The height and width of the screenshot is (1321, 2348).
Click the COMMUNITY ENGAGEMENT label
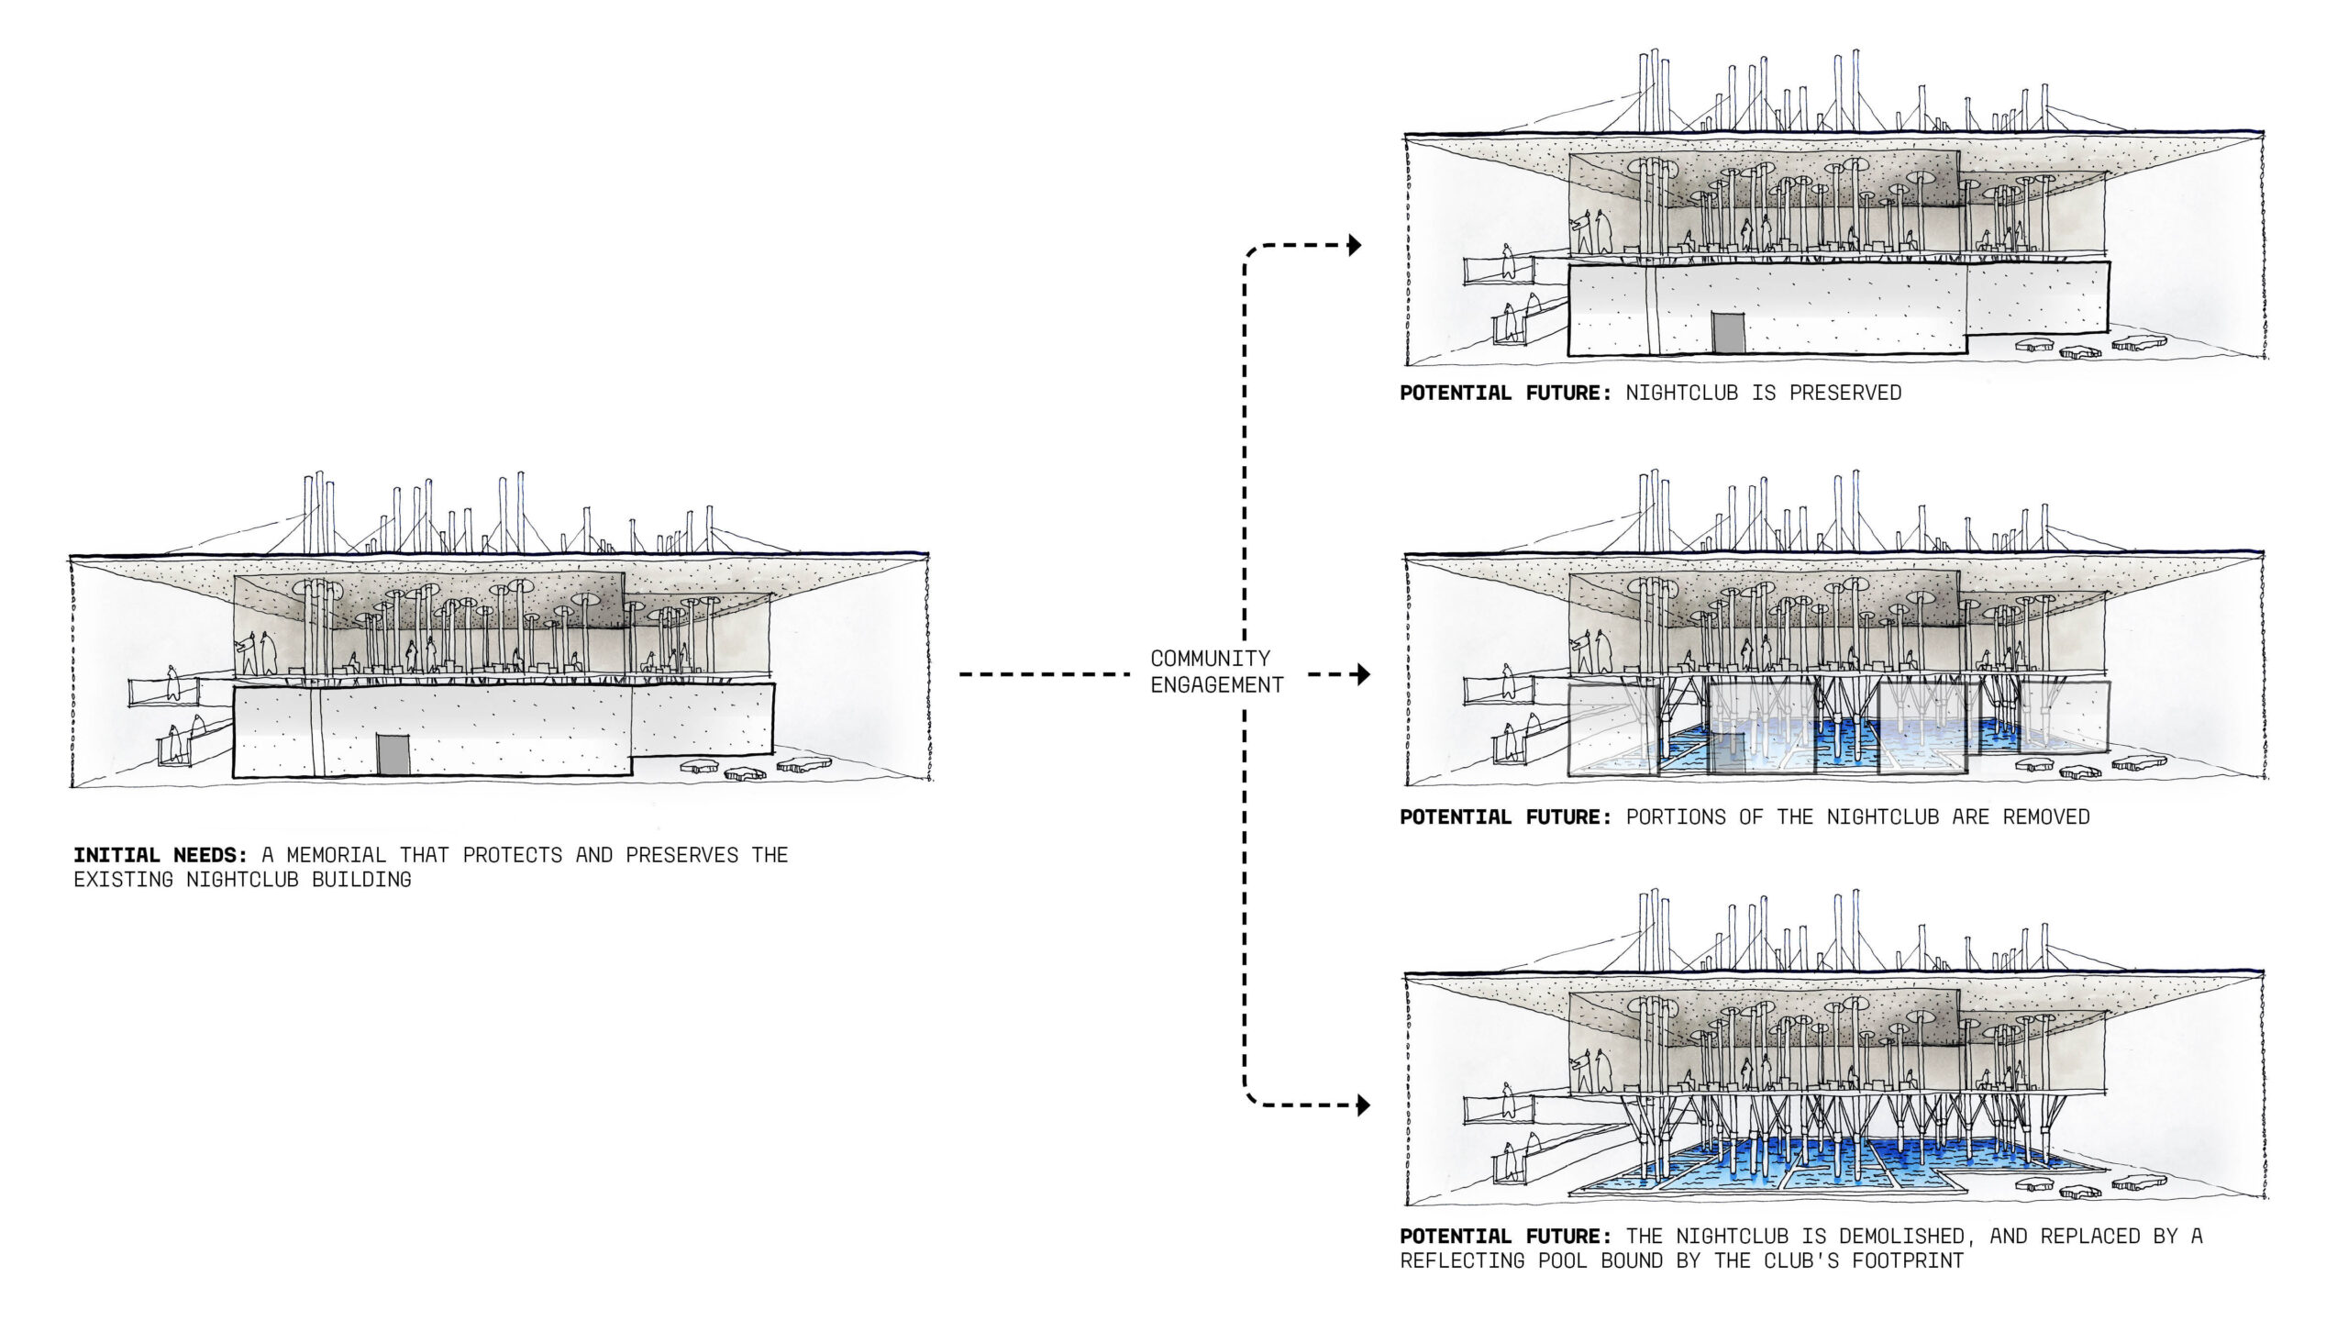pyautogui.click(x=1216, y=672)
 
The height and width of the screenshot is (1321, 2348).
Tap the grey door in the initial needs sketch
pyautogui.click(x=393, y=754)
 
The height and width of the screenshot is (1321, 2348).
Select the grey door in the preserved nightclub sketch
pyautogui.click(x=1728, y=332)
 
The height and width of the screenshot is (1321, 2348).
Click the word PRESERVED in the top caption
pyautogui.click(x=1844, y=393)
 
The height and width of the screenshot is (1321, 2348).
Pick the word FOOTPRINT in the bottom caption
pyautogui.click(x=1907, y=1260)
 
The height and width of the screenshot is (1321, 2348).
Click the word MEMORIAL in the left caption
pyautogui.click(x=337, y=855)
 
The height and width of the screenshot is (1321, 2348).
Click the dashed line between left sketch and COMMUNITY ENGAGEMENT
pyautogui.click(x=1044, y=675)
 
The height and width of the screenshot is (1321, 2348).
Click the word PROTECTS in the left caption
pyautogui.click(x=512, y=855)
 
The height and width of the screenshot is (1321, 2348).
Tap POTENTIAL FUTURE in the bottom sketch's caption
pyautogui.click(x=1505, y=1236)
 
